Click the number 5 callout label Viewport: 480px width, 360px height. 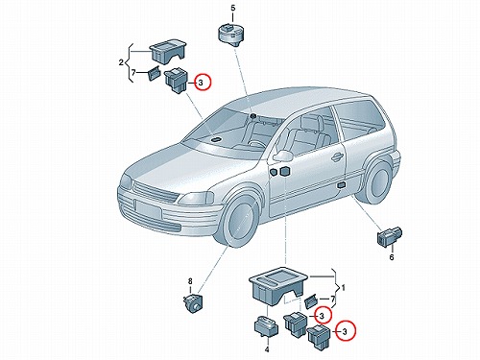(x=233, y=8)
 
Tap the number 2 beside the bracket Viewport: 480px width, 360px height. (x=121, y=62)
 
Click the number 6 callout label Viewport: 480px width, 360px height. (x=392, y=257)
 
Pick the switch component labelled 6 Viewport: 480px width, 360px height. (x=391, y=236)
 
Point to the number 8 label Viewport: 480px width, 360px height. (x=190, y=281)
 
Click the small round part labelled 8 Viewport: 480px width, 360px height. (x=192, y=303)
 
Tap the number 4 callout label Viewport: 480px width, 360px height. (x=267, y=349)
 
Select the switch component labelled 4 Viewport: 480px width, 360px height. (x=266, y=327)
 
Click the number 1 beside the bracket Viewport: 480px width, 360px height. (x=344, y=288)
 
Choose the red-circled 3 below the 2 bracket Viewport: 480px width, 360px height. (x=203, y=83)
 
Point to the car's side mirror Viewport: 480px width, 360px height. (x=282, y=156)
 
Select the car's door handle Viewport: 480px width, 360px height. (x=337, y=156)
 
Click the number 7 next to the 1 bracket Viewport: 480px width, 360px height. (x=333, y=300)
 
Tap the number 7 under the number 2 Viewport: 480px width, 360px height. (x=133, y=73)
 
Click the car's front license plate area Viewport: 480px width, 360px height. (x=148, y=208)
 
